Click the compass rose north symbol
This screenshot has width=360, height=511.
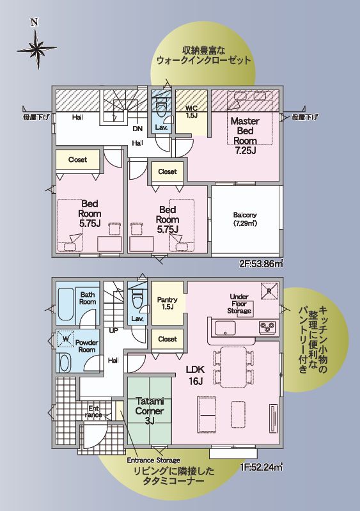point(37,48)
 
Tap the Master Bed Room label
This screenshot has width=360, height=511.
point(245,136)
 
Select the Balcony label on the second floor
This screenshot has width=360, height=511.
point(245,219)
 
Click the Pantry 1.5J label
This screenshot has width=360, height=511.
point(167,303)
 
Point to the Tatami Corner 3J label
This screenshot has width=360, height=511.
point(150,411)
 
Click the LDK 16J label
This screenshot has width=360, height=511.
point(196,375)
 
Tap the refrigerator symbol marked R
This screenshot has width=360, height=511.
point(269,291)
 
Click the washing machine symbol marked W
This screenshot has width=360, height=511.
point(66,340)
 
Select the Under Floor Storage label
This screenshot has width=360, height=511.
point(239,304)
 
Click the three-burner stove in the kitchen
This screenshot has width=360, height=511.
point(267,327)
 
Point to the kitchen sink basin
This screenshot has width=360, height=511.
point(225,327)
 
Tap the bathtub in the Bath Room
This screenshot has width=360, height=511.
point(66,305)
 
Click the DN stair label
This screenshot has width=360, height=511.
point(137,129)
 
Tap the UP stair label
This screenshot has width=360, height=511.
point(114,331)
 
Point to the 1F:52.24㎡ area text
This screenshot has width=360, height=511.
point(261,467)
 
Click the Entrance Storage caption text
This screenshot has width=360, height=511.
point(153,460)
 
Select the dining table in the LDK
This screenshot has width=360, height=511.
point(233,366)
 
